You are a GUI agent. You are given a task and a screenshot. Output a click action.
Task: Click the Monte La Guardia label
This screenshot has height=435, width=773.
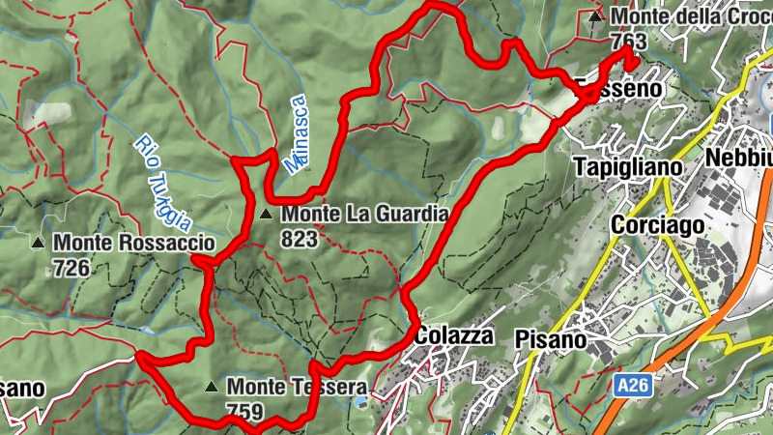point(364,214)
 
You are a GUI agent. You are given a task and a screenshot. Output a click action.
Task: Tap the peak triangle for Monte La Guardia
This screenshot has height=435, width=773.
point(265,214)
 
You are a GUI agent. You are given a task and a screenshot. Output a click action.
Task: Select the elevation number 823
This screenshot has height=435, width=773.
point(299,238)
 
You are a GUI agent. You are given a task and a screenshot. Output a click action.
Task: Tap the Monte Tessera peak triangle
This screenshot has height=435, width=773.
point(211,388)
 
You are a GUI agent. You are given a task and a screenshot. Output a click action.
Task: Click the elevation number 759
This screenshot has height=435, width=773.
point(243,412)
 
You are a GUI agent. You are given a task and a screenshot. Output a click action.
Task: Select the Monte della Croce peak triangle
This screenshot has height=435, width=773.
point(596,16)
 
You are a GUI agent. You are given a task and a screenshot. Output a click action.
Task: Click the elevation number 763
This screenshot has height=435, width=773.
point(628,42)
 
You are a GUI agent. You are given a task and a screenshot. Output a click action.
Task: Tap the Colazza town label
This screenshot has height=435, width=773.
point(454,335)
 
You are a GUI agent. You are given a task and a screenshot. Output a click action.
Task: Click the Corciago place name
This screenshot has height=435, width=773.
point(655,224)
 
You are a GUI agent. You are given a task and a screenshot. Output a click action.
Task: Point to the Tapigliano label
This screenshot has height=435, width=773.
point(628,166)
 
